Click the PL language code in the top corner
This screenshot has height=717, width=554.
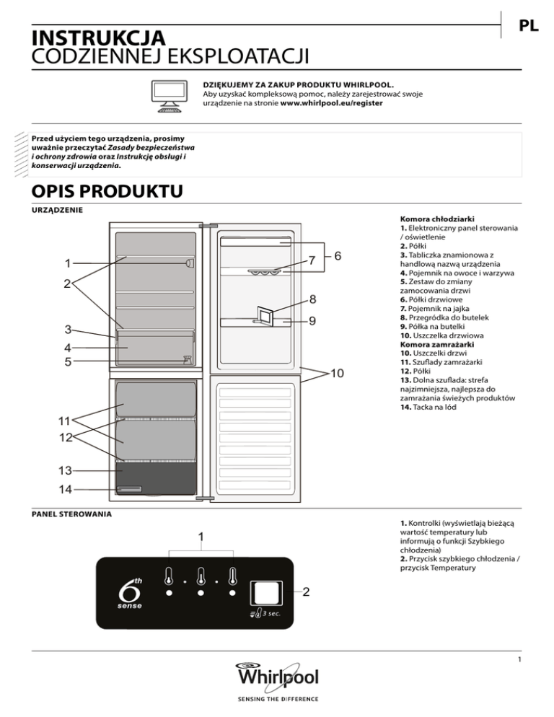528,26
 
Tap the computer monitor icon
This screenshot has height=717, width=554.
170,96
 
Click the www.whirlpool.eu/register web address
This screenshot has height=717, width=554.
331,103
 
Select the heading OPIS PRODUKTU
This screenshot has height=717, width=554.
107,191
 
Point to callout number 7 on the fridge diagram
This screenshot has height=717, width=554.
312,260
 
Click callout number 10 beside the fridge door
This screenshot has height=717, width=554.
337,373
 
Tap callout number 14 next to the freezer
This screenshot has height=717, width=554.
66,489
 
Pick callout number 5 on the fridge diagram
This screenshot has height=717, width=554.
68,361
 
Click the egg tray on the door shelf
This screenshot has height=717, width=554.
263,272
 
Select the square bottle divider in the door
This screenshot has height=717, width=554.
265,316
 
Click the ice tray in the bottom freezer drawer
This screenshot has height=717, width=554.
129,489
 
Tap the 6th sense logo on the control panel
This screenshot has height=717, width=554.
131,594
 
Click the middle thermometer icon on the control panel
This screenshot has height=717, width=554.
201,576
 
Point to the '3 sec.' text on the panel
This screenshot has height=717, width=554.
271,614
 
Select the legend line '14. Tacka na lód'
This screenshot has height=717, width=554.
428,407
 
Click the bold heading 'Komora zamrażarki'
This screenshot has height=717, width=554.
437,344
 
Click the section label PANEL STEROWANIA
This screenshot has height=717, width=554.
71,514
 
